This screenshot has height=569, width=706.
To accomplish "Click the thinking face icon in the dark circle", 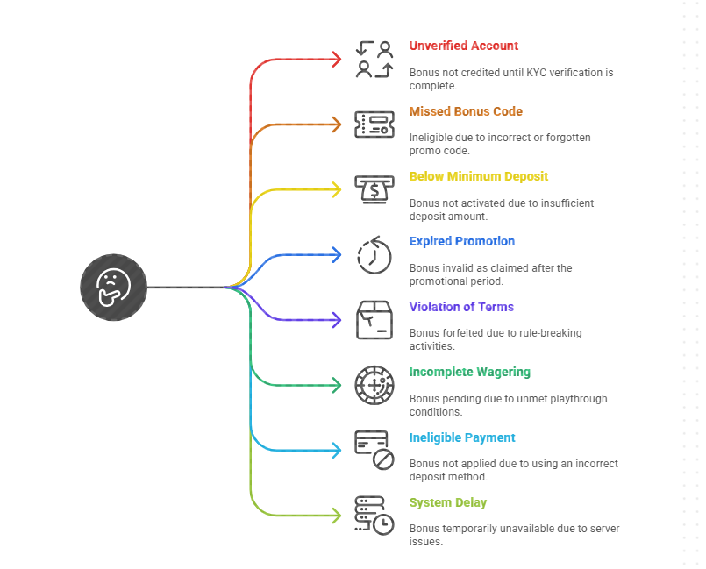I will (x=113, y=287).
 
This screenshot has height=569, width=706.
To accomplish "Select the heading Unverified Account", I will (x=463, y=46).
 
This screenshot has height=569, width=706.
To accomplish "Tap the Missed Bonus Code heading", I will (x=466, y=111).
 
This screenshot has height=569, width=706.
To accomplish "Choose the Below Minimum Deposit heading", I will (x=478, y=176).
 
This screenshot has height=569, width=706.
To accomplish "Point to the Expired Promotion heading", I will (x=461, y=241).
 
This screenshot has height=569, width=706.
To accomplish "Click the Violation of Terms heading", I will (x=461, y=307).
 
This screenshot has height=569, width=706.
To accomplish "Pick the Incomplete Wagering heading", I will (x=469, y=372).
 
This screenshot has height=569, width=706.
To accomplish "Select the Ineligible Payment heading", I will (x=462, y=437).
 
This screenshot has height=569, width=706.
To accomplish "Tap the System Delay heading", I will (x=447, y=502).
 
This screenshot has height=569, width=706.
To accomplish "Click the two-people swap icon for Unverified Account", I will (x=374, y=59).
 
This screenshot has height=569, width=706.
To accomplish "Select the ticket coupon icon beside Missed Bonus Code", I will (x=374, y=124).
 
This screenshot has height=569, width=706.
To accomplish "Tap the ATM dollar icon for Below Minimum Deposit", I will (x=374, y=189).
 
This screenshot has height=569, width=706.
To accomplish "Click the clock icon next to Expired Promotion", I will (x=374, y=255).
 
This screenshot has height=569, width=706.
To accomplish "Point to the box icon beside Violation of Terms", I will (x=374, y=320).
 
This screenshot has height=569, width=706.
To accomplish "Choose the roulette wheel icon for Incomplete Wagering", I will (x=374, y=385).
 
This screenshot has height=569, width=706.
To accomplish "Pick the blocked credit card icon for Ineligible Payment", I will (x=374, y=450).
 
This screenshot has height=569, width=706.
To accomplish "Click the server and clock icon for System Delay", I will (x=374, y=516).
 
